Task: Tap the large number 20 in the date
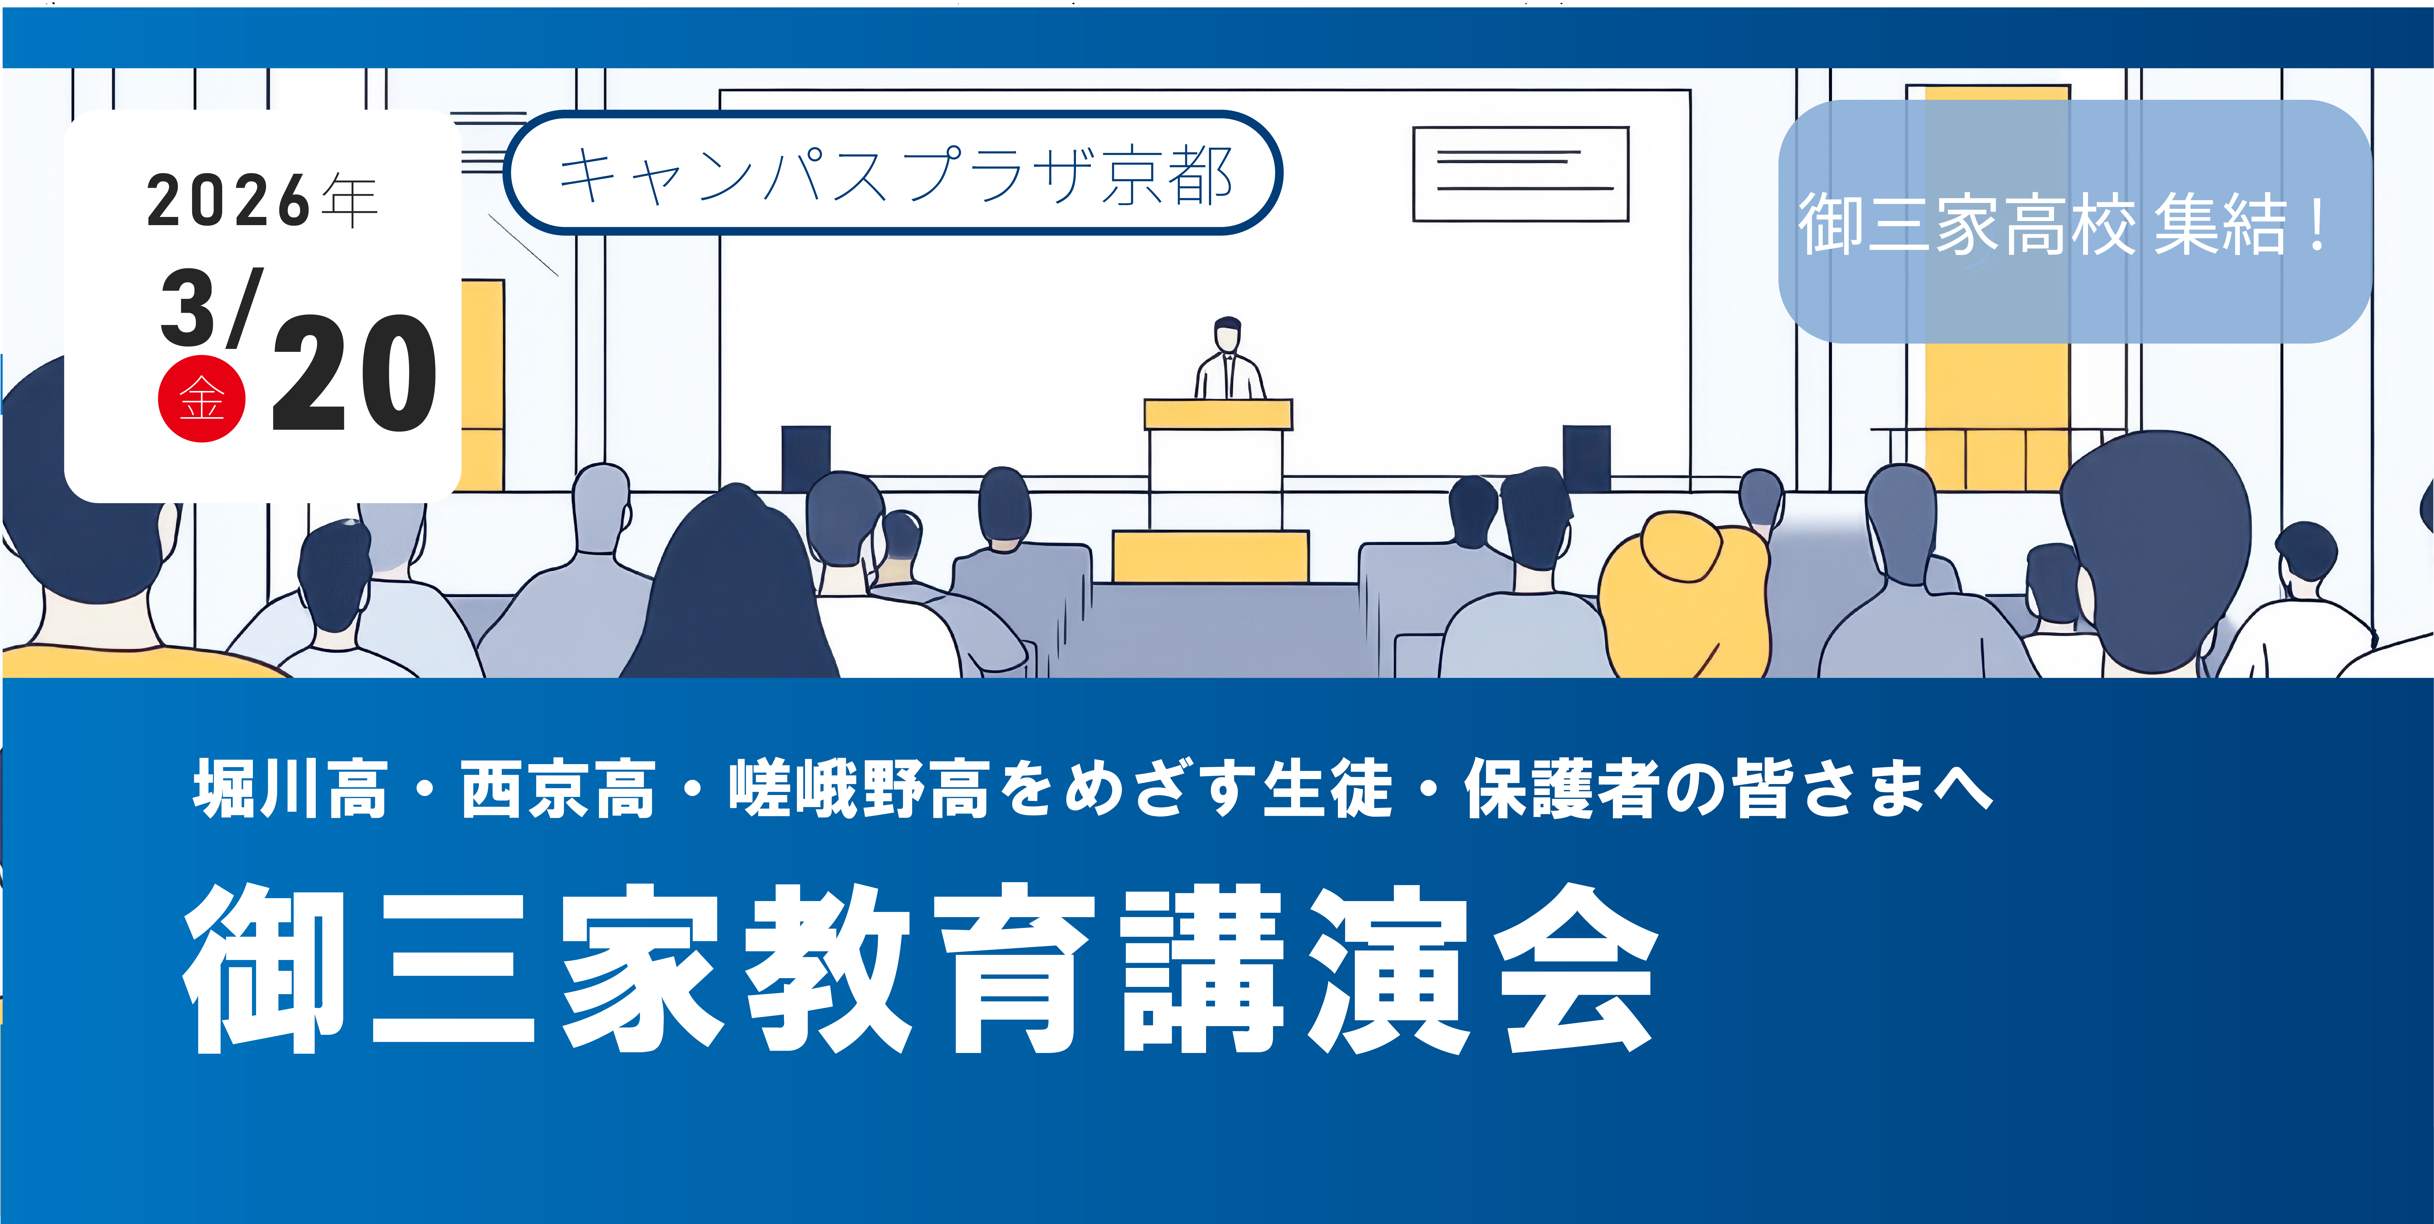[354, 373]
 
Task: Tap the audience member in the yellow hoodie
[1682, 595]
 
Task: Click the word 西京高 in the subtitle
[557, 789]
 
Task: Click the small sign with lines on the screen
[1520, 174]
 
